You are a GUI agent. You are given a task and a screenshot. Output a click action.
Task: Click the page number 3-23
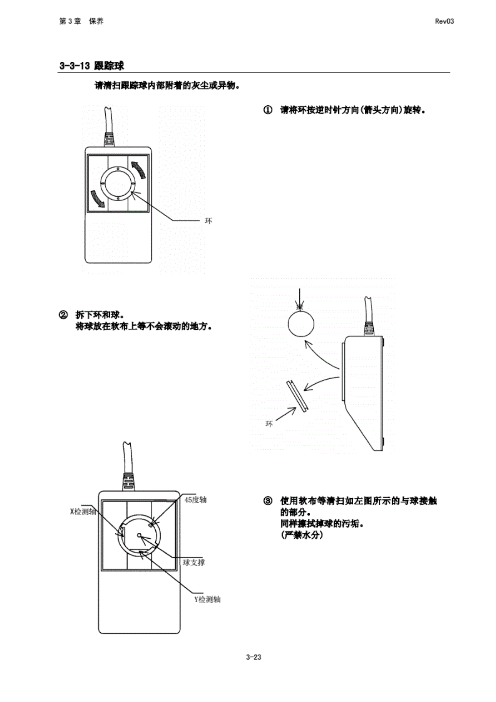pos(253,657)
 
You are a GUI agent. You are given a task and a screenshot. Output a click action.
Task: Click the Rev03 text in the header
pos(444,21)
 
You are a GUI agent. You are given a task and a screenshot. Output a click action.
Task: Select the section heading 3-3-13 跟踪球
pos(91,66)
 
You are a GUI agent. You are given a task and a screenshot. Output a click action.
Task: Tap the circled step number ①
pos(268,110)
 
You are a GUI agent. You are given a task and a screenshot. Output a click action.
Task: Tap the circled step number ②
pos(63,315)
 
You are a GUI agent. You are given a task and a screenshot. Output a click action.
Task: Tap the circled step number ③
pos(268,501)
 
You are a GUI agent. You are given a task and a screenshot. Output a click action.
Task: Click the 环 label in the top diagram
pos(208,220)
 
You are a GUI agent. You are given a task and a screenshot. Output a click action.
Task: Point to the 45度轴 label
pos(195,500)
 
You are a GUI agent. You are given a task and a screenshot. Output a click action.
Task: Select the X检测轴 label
pos(83,512)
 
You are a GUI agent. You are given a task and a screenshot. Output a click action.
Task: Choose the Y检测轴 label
pos(208,599)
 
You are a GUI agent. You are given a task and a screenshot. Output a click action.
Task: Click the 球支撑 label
pos(194,563)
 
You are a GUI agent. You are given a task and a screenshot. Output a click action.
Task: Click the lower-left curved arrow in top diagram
pos(98,198)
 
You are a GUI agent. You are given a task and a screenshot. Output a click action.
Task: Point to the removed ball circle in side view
pos(301,324)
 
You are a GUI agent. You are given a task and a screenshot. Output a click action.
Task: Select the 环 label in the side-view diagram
pos(269,424)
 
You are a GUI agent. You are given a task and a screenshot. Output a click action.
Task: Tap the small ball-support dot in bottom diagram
pos(139,535)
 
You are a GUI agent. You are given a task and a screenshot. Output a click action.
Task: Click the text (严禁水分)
pos(302,535)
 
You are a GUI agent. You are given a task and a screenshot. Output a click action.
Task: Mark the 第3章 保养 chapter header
pos(81,21)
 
